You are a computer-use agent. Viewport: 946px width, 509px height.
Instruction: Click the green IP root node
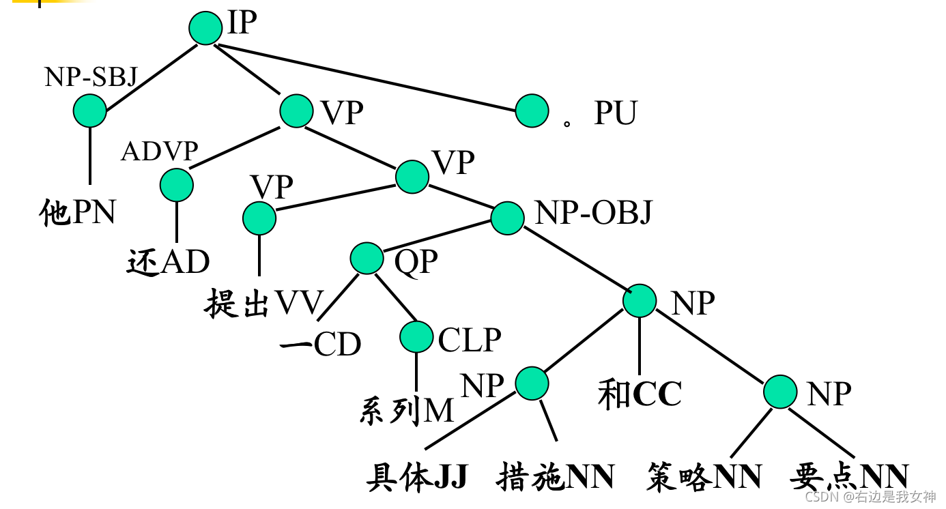coord(205,28)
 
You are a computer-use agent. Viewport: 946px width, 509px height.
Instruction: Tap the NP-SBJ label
coord(91,78)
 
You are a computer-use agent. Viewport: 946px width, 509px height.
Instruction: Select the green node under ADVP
coord(177,184)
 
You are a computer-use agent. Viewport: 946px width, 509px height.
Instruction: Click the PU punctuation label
coord(615,113)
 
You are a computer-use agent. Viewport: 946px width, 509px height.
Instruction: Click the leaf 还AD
coord(168,262)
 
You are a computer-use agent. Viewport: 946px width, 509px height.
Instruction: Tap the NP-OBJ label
coord(593,214)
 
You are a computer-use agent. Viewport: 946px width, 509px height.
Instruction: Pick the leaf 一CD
coord(320,345)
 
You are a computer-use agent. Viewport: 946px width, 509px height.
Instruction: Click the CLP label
coord(470,339)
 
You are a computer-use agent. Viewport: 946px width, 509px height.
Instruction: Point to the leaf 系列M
coord(406,411)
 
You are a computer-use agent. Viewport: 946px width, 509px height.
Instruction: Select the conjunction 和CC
coord(640,394)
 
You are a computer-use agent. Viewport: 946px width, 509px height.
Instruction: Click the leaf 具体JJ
coord(416,477)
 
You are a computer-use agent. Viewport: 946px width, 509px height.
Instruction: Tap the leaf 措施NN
coord(556,477)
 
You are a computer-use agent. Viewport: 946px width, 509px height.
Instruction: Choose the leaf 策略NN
coord(703,477)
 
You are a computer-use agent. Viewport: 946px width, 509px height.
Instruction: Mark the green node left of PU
coord(532,111)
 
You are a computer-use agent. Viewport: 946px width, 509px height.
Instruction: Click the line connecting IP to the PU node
coord(369,77)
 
